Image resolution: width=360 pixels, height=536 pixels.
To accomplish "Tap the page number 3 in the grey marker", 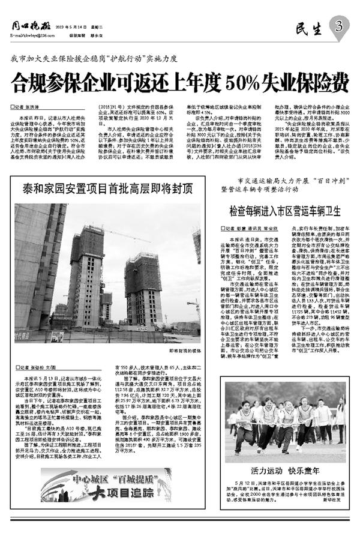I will [339, 25].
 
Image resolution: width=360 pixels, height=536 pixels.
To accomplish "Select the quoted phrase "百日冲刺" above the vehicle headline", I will [307, 180].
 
